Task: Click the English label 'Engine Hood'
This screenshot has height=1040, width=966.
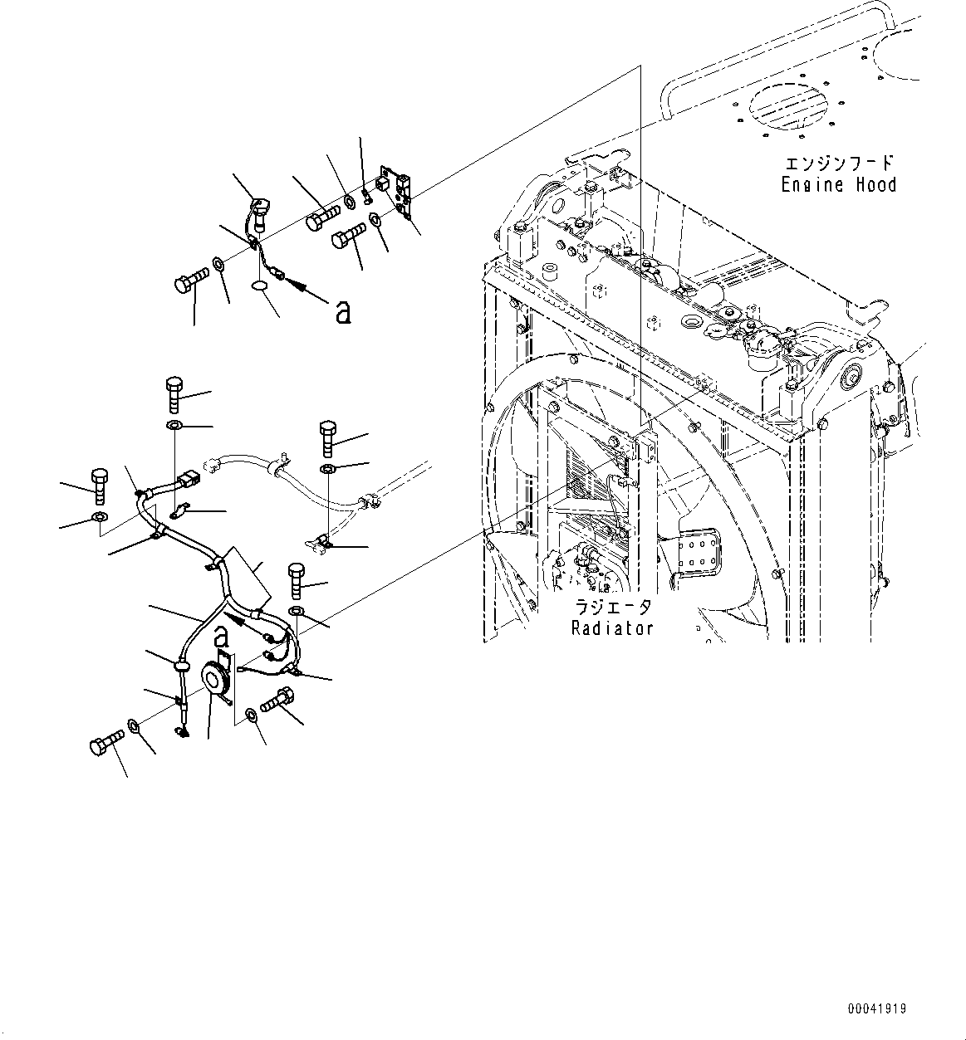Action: tap(838, 185)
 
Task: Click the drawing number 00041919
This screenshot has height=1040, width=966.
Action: tap(877, 1008)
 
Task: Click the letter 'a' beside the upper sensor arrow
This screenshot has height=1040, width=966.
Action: tap(341, 311)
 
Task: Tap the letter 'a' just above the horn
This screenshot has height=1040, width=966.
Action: tap(220, 636)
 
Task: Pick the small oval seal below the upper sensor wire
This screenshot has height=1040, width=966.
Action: tap(260, 286)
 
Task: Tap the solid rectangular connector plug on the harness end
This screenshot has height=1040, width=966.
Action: tap(189, 481)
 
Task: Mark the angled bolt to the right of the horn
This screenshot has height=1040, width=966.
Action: tap(277, 701)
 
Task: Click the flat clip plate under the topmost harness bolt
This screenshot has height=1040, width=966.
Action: tap(179, 514)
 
